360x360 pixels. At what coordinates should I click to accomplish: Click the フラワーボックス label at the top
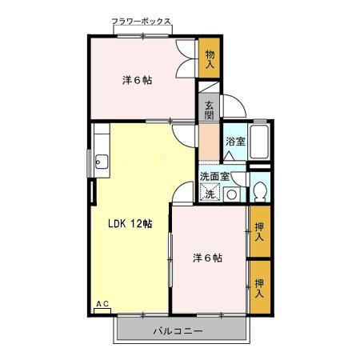tap(141, 22)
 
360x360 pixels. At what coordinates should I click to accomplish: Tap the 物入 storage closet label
tap(210, 59)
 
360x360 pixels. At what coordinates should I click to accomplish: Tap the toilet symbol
tap(259, 192)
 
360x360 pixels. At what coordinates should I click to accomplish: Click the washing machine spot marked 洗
tap(210, 193)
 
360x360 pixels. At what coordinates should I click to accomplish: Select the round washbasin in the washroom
tap(231, 194)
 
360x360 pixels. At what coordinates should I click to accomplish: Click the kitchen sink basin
tap(99, 164)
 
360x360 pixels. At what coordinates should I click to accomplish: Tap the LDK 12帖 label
tap(130, 224)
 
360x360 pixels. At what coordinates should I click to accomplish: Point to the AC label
tap(102, 304)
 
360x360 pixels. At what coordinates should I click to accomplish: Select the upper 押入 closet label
tap(259, 232)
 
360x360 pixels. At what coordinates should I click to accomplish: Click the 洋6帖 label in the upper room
tap(138, 81)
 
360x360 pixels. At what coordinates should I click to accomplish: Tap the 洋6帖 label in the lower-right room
tap(206, 258)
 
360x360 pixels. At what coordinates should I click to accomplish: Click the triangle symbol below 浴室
tap(230, 154)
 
